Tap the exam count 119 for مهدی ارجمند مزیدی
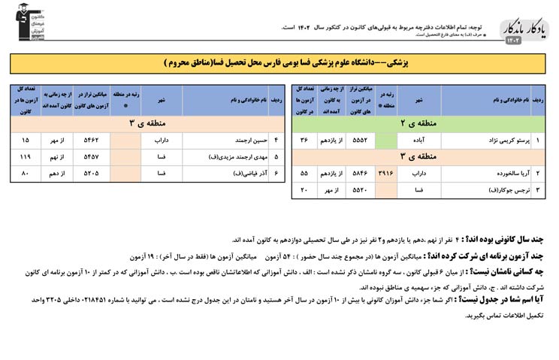(x=26, y=156)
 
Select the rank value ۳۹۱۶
(x=386, y=173)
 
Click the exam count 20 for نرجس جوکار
(x=304, y=189)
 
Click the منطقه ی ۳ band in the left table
(x=143, y=123)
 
